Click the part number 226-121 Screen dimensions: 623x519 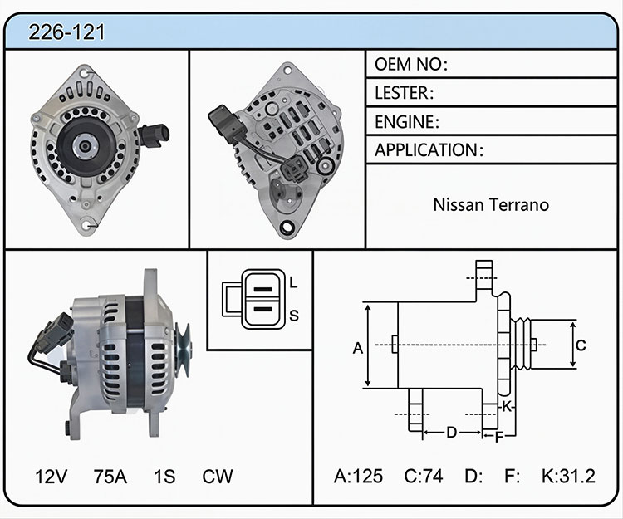pos(66,32)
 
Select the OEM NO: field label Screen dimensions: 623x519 pos(411,64)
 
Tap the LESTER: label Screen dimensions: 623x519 pos(404,93)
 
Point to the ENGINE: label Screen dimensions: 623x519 pos(407,121)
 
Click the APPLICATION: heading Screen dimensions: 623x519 pos(429,150)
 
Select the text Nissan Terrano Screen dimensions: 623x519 pos(491,205)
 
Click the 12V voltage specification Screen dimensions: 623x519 pos(52,477)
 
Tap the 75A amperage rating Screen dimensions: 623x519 pos(110,477)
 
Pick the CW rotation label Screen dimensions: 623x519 pos(218,477)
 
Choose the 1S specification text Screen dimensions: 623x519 pos(164,477)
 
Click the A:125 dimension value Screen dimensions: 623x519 pos(358,476)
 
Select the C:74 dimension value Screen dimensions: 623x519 pos(423,476)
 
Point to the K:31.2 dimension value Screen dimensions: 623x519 pos(568,476)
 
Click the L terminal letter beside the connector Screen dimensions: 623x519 pos(293,282)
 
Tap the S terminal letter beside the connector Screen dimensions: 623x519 pos(294,316)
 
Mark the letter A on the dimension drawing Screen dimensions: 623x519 pos(358,348)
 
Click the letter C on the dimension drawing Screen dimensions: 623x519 pos(581,345)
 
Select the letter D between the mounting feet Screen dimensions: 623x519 pos(452,433)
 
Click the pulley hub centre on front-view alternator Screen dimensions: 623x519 pos(85,146)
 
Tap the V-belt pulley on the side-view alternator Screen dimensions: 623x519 pos(184,350)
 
